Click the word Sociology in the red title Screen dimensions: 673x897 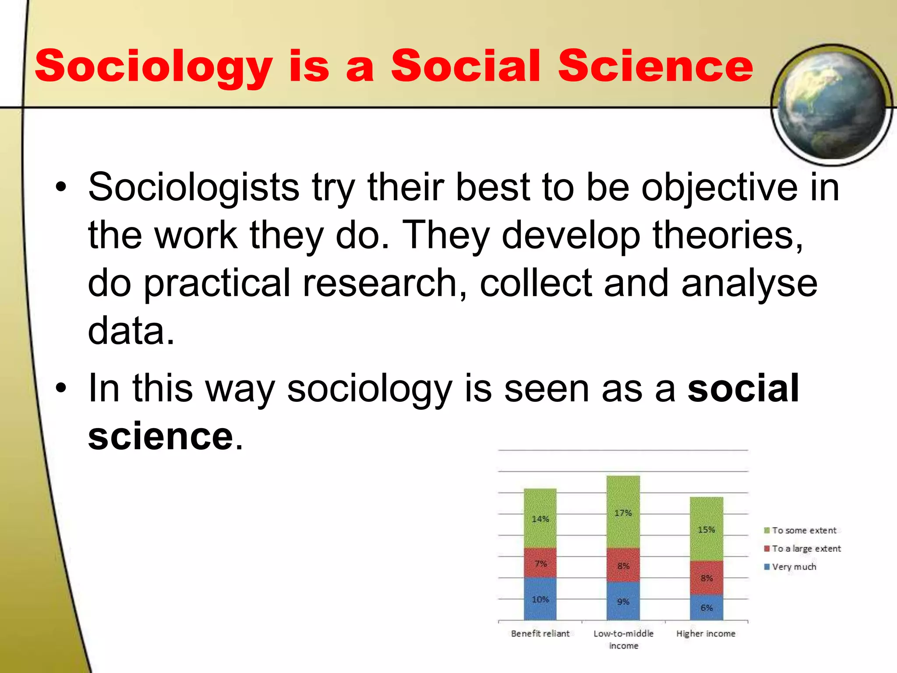[x=153, y=67]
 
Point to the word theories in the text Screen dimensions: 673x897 [x=727, y=235]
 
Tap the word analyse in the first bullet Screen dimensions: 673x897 [x=749, y=283]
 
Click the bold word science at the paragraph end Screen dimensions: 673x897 [x=160, y=436]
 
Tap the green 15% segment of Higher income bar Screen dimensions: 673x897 [x=706, y=529]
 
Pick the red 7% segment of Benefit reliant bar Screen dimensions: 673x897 [x=540, y=563]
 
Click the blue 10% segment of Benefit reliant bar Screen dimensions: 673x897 [x=540, y=599]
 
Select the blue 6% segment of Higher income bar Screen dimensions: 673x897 [x=706, y=607]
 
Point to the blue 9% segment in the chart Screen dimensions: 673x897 [x=623, y=601]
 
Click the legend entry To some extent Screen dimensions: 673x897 [x=804, y=531]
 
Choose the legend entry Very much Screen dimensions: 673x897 [x=794, y=567]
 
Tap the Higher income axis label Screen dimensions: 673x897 [x=706, y=634]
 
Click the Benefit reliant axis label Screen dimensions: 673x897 [x=540, y=634]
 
